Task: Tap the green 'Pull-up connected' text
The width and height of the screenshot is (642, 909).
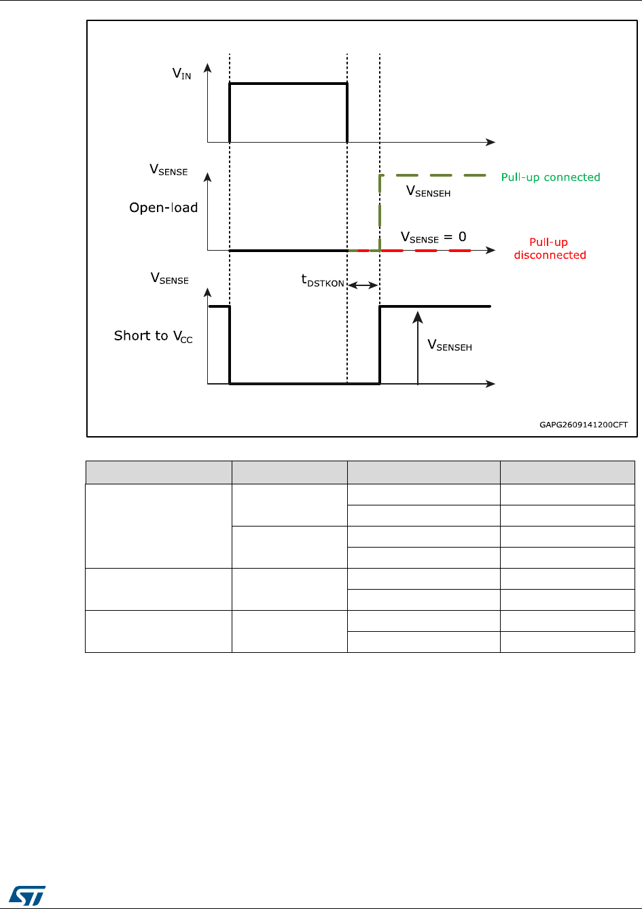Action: [x=550, y=177]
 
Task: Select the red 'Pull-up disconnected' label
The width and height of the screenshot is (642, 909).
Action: [x=550, y=249]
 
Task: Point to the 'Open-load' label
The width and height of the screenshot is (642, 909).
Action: [x=164, y=207]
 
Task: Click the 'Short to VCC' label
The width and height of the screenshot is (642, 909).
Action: [x=153, y=336]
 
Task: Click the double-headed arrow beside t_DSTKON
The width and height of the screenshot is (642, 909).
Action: [x=363, y=285]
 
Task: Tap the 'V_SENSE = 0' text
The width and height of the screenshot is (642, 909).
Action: [x=433, y=238]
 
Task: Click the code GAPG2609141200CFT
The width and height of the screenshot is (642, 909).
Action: [x=584, y=425]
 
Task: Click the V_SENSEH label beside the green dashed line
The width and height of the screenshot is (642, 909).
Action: [x=428, y=192]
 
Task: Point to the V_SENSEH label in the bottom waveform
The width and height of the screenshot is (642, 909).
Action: [x=449, y=345]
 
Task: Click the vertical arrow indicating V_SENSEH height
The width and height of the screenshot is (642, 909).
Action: [x=418, y=346]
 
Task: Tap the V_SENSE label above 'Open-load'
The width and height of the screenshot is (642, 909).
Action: [x=168, y=171]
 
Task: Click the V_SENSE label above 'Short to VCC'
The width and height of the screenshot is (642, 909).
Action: [x=169, y=279]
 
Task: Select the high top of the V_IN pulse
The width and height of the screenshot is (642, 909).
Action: [x=289, y=84]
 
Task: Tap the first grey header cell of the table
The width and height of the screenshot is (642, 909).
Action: [x=158, y=472]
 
